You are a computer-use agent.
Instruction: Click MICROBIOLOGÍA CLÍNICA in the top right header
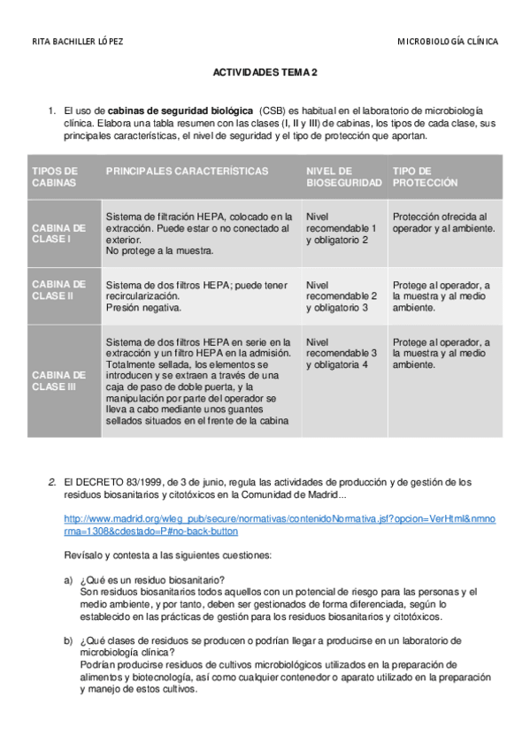447,42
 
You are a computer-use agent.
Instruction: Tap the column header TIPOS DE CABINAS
55,176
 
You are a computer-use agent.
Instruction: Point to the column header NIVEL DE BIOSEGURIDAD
343,176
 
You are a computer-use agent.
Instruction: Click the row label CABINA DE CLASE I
58,233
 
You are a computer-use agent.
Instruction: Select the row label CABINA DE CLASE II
58,290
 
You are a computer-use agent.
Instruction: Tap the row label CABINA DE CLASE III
58,380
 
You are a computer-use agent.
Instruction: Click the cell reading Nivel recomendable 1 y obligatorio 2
342,227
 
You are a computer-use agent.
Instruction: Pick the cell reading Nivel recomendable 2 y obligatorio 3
342,296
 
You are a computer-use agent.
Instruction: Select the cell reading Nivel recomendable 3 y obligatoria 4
342,353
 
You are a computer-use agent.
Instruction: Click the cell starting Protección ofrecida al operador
443,222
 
